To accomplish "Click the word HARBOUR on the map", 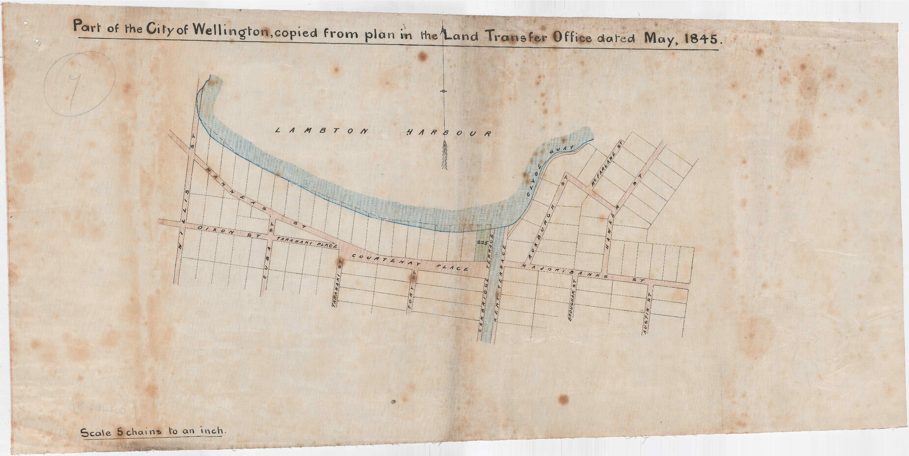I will coord(449,133).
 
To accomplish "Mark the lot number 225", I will coord(481,243).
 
